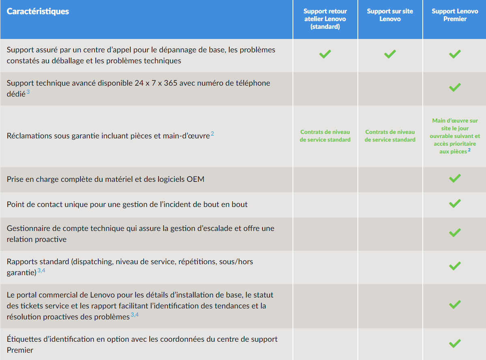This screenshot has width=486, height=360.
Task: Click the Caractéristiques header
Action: click(38, 11)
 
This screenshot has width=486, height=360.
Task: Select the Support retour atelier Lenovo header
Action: click(325, 19)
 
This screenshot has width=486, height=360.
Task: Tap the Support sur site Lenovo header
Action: click(390, 15)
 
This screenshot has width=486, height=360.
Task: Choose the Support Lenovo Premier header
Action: click(455, 15)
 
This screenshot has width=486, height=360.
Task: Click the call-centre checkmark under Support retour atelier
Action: click(325, 54)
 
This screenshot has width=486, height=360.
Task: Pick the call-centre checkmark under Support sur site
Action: click(390, 54)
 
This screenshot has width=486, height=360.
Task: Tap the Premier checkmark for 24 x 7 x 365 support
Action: click(455, 87)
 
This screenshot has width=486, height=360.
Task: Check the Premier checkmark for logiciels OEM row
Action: click(455, 178)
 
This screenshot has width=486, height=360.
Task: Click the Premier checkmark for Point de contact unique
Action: click(455, 203)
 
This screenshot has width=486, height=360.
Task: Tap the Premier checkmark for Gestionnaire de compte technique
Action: click(455, 233)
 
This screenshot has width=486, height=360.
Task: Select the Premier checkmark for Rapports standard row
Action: click(455, 266)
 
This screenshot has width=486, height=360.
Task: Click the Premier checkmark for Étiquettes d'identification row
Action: click(455, 344)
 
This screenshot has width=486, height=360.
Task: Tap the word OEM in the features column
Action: click(196, 179)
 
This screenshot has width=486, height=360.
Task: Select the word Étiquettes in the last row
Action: click(24, 339)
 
